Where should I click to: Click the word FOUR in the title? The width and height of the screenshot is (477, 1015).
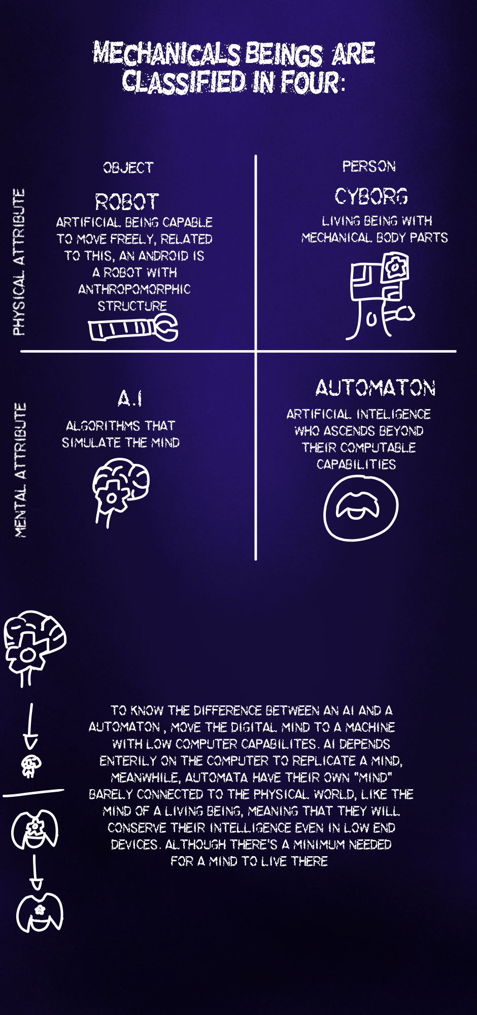coord(310,82)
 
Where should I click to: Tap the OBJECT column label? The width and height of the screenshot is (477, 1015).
coord(128,168)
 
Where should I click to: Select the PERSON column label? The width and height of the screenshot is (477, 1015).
coord(369,166)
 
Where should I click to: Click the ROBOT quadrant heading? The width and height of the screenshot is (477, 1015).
coord(127,202)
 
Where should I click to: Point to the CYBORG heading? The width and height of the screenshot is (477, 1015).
coord(371,196)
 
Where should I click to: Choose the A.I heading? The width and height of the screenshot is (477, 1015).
coord(130,398)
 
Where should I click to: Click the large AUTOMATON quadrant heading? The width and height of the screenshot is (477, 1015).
coord(376,388)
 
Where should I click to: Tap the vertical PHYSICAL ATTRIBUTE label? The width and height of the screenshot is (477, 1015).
coord(19,262)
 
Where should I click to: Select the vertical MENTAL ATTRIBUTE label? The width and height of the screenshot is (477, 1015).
coord(20,470)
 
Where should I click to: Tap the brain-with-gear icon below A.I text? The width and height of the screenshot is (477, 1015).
coord(120,490)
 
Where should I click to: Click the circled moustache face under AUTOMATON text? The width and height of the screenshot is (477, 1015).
coord(361,508)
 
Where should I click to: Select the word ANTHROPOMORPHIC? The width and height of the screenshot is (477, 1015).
coord(134,289)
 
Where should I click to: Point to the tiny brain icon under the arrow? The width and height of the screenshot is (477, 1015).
coord(31,765)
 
